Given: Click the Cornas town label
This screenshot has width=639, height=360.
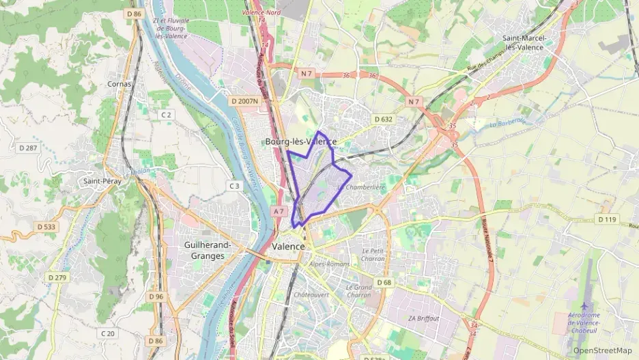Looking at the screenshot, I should [x=119, y=84].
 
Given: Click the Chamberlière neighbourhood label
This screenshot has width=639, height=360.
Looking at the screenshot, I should [x=365, y=187].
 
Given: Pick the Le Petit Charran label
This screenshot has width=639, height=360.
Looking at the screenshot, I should [x=373, y=255].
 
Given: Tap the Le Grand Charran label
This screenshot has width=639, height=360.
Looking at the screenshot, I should [x=358, y=291].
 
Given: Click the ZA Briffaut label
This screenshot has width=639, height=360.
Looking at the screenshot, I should [x=424, y=318].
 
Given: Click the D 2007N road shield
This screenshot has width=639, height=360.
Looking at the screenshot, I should [x=245, y=101].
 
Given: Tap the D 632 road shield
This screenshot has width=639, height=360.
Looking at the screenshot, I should [x=384, y=120].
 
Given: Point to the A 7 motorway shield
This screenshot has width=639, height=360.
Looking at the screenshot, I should [x=278, y=212].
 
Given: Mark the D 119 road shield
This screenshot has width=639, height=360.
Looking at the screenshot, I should [x=606, y=220].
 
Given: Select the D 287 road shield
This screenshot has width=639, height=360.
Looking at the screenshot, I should [x=28, y=148].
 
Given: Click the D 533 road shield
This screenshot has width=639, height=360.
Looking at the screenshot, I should [x=46, y=227].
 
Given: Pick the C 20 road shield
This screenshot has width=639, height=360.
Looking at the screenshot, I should [x=107, y=333].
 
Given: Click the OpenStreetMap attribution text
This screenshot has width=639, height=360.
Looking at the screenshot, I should [x=602, y=350].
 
